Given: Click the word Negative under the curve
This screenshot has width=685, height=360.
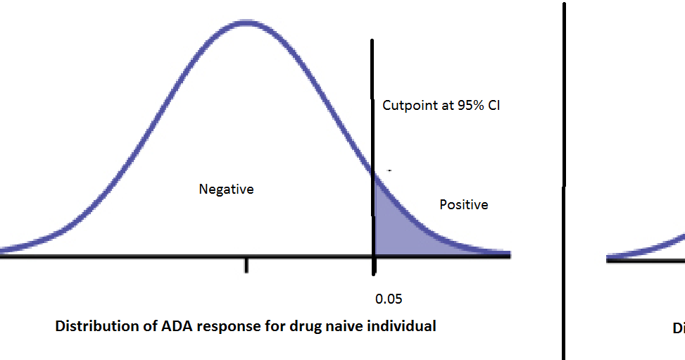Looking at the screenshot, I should click(x=226, y=190).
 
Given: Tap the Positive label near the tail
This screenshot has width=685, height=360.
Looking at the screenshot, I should click(x=463, y=205).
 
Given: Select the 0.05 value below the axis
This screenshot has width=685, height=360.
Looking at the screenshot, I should click(x=389, y=299).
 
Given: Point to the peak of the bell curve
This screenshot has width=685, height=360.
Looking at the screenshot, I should click(x=245, y=23).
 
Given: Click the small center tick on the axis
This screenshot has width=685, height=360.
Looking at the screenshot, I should click(x=246, y=265).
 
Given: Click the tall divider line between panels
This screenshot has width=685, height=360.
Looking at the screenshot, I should click(x=563, y=180).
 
